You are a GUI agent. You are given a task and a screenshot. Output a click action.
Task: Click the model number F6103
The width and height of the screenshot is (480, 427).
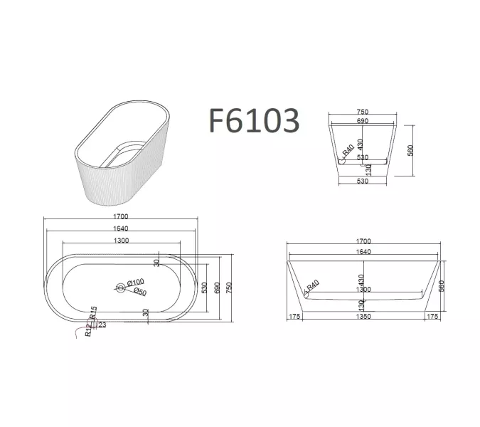point(253,121)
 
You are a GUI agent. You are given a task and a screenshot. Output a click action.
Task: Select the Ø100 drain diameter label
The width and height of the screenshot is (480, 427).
point(136,282)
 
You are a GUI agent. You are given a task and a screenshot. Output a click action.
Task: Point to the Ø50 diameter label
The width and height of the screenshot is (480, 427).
point(139,292)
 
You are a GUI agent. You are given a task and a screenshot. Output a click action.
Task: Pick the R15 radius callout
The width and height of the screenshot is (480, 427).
point(93,312)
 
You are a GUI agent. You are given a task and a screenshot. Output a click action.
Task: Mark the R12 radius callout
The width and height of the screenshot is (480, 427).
point(87,329)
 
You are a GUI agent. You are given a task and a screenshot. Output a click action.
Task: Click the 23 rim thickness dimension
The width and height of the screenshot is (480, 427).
point(102,325)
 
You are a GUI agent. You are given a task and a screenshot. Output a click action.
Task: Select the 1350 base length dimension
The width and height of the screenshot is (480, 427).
point(363,317)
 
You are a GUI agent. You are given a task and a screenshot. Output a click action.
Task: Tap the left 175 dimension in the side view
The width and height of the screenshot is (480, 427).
point(294,317)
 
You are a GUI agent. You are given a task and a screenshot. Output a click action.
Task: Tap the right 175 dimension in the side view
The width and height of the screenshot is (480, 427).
point(432,317)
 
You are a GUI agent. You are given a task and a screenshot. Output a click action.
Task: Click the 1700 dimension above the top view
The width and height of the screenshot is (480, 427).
point(121,216)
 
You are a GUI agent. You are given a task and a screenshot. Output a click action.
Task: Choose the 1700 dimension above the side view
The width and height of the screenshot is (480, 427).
point(363,241)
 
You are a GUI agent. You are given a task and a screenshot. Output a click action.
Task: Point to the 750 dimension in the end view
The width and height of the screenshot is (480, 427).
point(362,112)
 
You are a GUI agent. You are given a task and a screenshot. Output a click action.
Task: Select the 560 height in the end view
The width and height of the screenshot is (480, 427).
point(411,151)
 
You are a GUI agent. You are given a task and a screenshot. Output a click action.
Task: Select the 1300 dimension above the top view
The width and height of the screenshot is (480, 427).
point(121,241)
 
